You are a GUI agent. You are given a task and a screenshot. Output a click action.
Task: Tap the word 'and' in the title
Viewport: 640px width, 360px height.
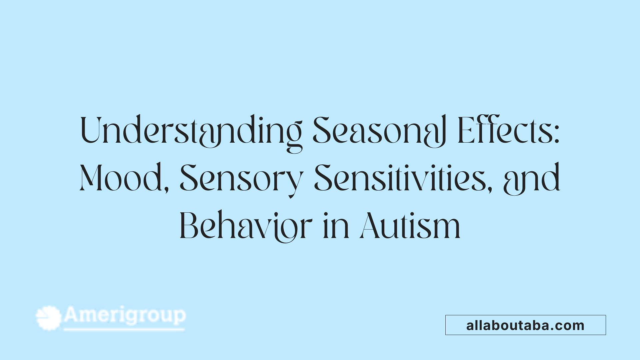click(532, 179)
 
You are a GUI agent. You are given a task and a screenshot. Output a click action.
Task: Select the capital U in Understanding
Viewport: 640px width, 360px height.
click(91, 131)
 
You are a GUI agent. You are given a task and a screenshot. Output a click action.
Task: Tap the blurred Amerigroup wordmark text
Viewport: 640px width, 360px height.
click(125, 315)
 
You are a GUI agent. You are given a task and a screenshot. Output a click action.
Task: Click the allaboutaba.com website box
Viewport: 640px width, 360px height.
click(525, 325)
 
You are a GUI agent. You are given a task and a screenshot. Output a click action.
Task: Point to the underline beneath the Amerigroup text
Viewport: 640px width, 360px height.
click(124, 330)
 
